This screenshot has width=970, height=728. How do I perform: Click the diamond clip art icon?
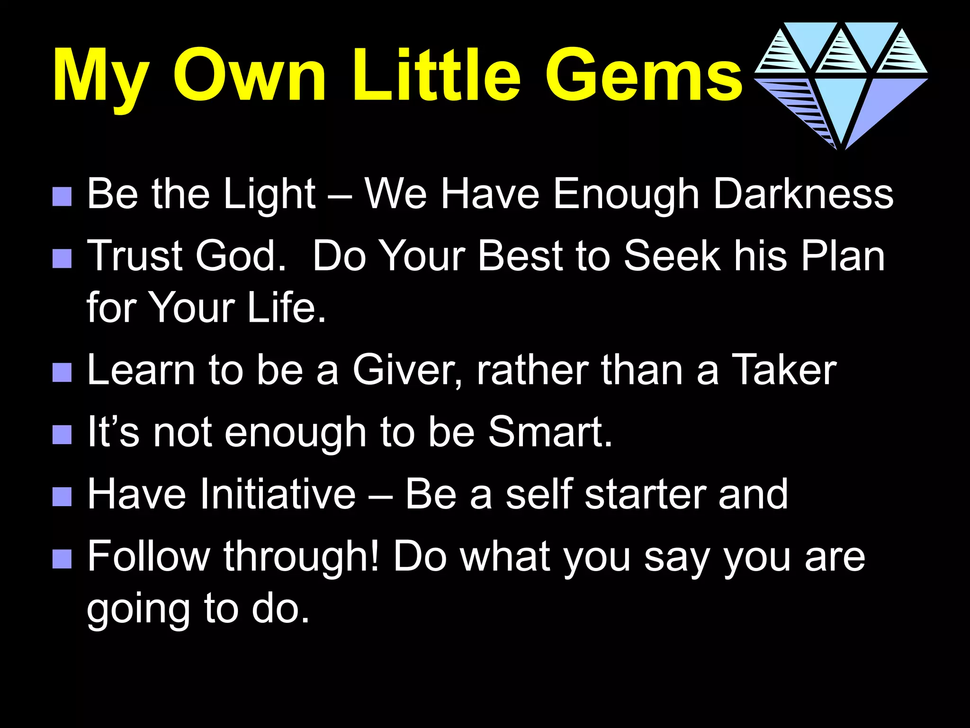coord(841,85)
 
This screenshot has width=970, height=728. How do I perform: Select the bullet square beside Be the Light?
coord(62,196)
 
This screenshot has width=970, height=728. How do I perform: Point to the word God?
coord(241,256)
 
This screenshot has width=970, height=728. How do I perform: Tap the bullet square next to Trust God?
coord(62,259)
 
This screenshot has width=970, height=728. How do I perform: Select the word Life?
coord(287,308)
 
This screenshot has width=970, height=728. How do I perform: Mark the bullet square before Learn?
coord(62,373)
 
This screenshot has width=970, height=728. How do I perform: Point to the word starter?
coord(645,494)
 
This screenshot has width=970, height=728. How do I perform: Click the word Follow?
coord(149,556)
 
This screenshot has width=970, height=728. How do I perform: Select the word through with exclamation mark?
coord(302,557)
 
